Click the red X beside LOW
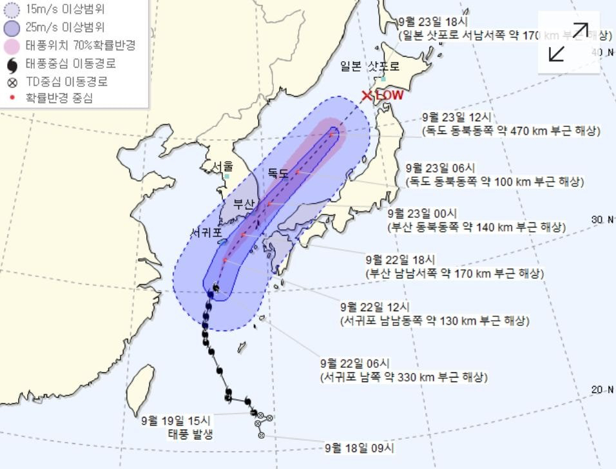point(367,96)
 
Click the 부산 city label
point(244,204)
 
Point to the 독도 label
point(278,172)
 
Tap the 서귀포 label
point(206,231)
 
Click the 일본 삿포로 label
point(370,66)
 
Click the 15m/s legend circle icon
point(12,10)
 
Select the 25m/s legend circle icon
point(12,28)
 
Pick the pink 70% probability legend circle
point(12,46)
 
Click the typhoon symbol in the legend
point(12,64)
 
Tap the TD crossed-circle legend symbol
point(12,82)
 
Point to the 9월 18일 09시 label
point(359,447)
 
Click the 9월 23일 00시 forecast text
point(422,213)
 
